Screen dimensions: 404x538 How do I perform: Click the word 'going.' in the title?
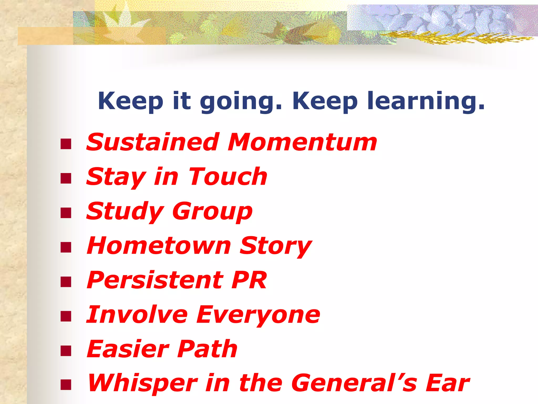241,101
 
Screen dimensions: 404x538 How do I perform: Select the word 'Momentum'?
302,142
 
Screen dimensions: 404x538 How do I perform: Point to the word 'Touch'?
228,177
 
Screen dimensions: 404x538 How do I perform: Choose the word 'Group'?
212,211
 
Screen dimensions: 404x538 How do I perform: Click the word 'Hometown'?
159,246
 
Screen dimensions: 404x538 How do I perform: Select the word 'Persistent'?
155,280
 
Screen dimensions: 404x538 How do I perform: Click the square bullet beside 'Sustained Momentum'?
66,144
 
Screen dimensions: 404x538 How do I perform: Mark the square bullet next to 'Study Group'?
66,213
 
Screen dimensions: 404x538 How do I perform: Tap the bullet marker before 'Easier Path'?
66,351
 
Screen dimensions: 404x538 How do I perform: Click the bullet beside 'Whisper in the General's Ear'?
66,385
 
